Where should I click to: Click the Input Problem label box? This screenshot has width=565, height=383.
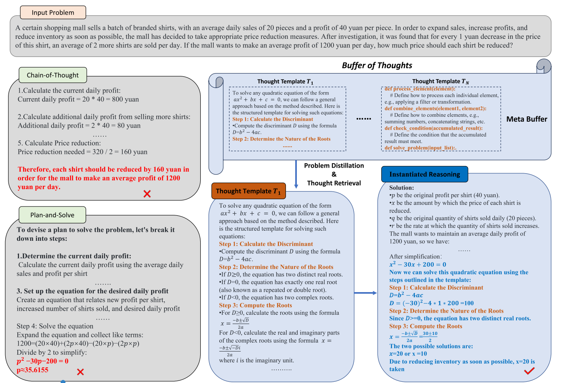pyautogui.click(x=53, y=13)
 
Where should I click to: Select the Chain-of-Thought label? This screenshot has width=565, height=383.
pyautogui.click(x=53, y=75)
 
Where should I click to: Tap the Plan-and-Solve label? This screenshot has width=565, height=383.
pyautogui.click(x=53, y=215)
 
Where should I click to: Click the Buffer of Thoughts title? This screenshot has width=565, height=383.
pyautogui.click(x=377, y=65)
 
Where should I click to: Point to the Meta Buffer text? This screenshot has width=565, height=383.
pyautogui.click(x=527, y=119)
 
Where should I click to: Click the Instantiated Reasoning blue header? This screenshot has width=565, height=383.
pyautogui.click(x=424, y=174)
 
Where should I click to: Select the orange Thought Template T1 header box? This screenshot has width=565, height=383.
pyautogui.click(x=248, y=191)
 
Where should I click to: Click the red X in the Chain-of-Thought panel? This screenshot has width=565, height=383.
pyautogui.click(x=147, y=194)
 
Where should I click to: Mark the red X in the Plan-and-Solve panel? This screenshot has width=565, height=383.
pyautogui.click(x=80, y=372)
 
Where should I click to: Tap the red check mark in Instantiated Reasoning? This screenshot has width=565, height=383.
pyautogui.click(x=529, y=370)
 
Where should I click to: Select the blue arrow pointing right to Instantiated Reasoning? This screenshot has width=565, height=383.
pyautogui.click(x=365, y=293)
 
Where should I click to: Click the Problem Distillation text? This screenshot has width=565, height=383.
pyautogui.click(x=334, y=166)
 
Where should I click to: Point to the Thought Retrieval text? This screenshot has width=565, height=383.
pyautogui.click(x=334, y=183)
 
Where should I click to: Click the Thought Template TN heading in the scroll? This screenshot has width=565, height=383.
pyautogui.click(x=441, y=82)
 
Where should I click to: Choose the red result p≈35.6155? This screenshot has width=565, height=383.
pyautogui.click(x=32, y=370)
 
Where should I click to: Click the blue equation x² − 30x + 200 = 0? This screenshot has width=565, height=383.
pyautogui.click(x=418, y=265)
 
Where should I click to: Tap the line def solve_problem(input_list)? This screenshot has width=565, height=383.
pyautogui.click(x=420, y=148)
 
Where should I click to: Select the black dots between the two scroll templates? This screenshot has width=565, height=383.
pyautogui.click(x=363, y=119)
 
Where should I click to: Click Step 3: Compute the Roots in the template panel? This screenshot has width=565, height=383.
pyautogui.click(x=255, y=305)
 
